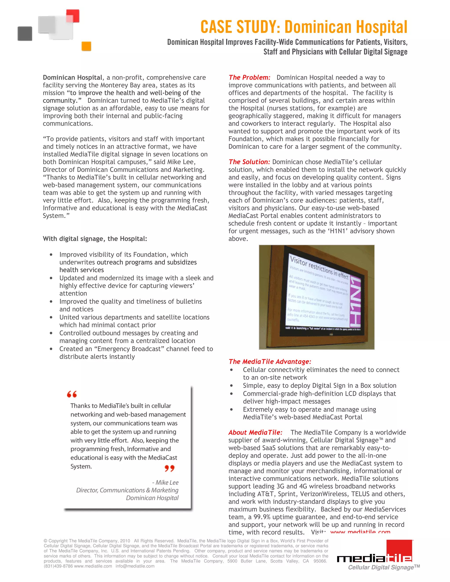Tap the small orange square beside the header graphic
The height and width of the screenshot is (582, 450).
86,46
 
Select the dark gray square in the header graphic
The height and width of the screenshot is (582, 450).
25,34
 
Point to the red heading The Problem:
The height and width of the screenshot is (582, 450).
249,78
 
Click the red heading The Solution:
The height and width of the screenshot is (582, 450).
249,162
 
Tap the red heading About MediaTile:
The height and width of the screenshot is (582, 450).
255,432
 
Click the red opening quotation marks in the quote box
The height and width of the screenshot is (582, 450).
72,394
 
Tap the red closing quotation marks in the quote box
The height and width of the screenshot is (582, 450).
170,468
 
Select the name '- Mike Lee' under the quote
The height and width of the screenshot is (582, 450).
165,482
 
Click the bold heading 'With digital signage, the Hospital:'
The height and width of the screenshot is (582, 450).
95,239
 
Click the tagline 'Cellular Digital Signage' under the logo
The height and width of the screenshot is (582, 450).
381,567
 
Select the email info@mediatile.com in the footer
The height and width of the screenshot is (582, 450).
135,566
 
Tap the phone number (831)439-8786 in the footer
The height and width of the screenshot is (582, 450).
58,566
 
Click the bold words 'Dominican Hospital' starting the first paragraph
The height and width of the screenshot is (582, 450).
73,78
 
